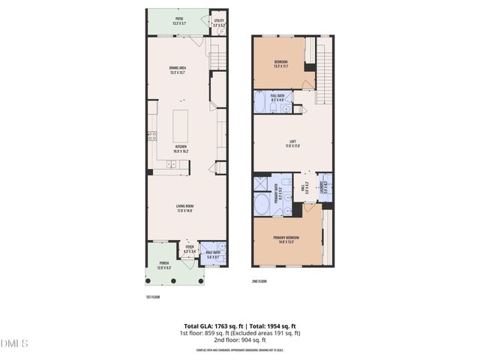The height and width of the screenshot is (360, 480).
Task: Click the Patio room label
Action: [178, 22]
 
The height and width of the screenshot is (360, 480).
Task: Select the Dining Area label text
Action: [178, 71]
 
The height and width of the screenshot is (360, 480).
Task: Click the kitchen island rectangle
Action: [180, 126]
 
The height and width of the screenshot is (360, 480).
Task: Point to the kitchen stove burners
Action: [151, 136]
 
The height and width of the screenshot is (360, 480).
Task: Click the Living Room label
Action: [184, 210]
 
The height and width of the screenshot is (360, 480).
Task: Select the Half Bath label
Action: [213, 255]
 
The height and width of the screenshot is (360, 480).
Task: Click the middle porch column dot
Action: [172, 281]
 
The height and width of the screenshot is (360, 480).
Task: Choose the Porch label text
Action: [165, 265]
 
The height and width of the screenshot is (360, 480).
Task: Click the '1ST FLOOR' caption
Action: [153, 297]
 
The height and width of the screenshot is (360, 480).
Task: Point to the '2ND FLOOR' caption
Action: [259, 281]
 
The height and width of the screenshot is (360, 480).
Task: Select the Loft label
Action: [292, 144]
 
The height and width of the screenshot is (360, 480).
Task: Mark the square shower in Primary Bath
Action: [262, 182]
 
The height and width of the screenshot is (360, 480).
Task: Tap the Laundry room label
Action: [324, 189]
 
